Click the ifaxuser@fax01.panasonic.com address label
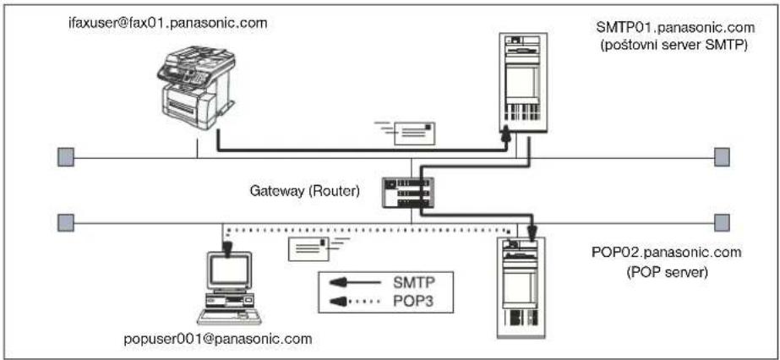coord(169,23)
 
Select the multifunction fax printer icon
coord(196,89)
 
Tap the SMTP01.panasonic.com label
coord(675,27)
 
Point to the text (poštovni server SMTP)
coord(675,46)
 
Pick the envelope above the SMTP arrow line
coord(408,134)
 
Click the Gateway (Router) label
coord(304,191)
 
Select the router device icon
coord(406,193)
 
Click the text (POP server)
coord(667,272)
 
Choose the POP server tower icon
coord(521,288)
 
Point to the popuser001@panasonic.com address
coord(218,340)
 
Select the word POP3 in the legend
coord(410,300)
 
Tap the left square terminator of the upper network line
coord(66,157)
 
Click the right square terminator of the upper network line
coord(723,157)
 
